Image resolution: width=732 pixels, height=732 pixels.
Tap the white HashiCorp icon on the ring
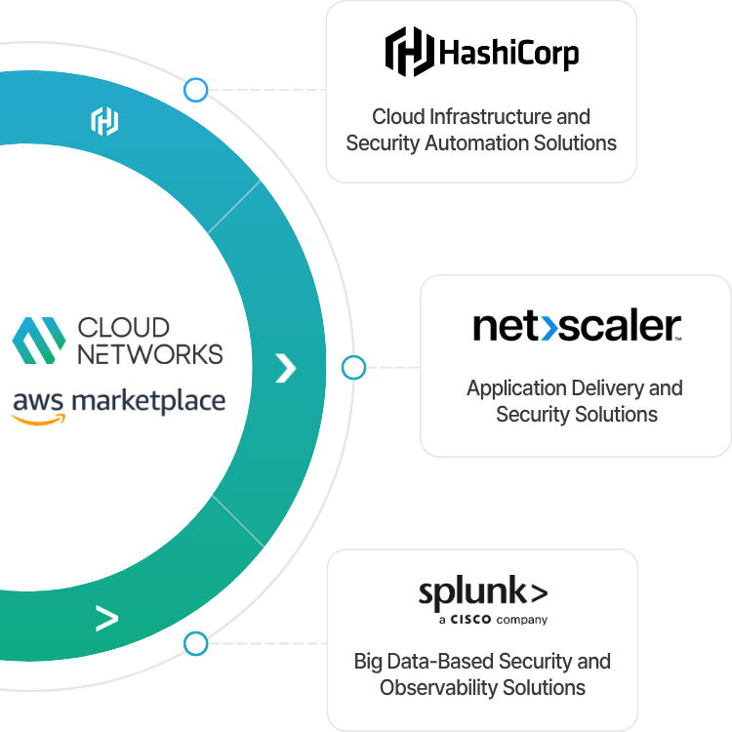pos(104,121)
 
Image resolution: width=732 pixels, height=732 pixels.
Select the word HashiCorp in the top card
pos(508,54)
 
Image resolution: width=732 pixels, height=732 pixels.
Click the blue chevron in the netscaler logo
pos(549,328)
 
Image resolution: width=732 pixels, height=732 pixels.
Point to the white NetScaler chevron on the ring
pos(286,368)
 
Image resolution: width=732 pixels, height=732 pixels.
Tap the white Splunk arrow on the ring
pos(107,618)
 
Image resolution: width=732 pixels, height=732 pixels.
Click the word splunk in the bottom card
pos(472,592)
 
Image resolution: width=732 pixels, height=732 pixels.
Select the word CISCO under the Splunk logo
pos(470,620)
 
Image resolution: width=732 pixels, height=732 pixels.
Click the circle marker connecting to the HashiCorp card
pos(195,90)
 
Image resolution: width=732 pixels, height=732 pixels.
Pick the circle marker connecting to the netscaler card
pos(353,367)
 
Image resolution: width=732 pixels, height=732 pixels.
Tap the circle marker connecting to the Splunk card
pos(195,643)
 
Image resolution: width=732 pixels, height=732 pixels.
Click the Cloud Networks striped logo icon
pos(39,341)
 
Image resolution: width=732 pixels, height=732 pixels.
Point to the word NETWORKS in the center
pos(150,354)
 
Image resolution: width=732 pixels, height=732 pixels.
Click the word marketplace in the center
pos(148,401)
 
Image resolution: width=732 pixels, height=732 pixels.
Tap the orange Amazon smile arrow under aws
pos(38,420)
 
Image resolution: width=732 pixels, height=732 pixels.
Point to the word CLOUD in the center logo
pos(124,327)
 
